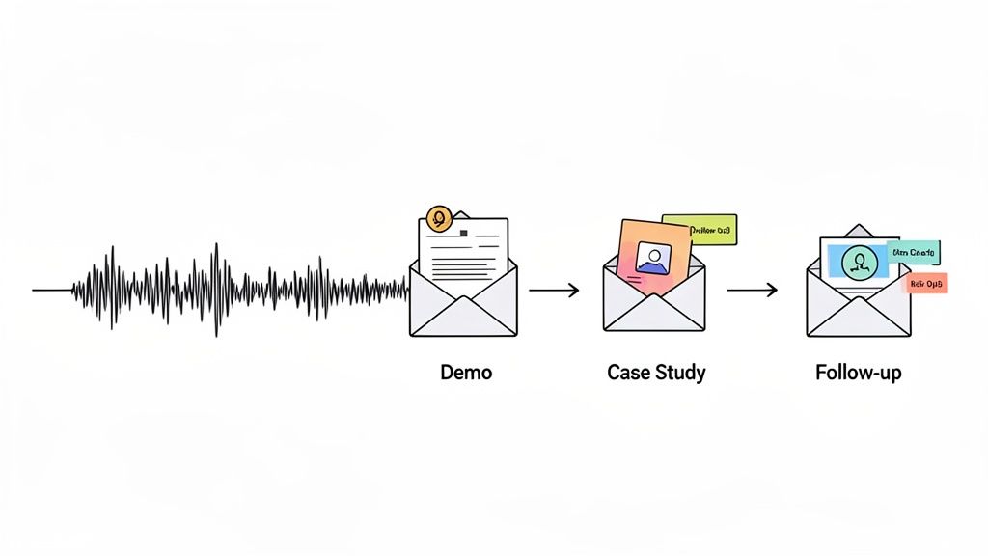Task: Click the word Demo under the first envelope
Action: click(465, 372)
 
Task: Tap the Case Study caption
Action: click(656, 372)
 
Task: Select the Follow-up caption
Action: click(858, 372)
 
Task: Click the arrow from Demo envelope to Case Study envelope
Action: click(554, 289)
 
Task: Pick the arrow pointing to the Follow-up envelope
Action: click(752, 289)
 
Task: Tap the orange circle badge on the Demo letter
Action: click(439, 218)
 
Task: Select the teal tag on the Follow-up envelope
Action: click(913, 253)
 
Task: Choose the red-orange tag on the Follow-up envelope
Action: click(927, 283)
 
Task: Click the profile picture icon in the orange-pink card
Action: click(653, 258)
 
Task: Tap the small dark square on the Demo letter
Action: click(465, 233)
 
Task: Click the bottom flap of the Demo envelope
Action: click(463, 320)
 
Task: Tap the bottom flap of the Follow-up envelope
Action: click(858, 320)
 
